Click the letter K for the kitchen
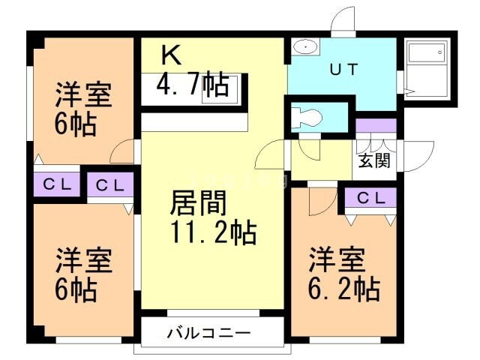(x=170, y=55)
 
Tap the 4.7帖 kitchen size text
(x=193, y=86)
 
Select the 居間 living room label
(x=199, y=202)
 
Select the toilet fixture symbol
(x=307, y=117)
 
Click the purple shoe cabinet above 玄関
(x=376, y=125)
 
